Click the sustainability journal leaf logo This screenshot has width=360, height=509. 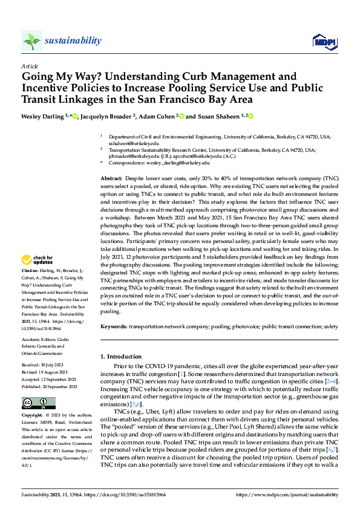click(x=31, y=41)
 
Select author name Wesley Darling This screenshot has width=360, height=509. click(x=44, y=115)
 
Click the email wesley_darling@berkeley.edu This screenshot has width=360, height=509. click(x=181, y=163)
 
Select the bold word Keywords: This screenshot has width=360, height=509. click(x=114, y=326)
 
